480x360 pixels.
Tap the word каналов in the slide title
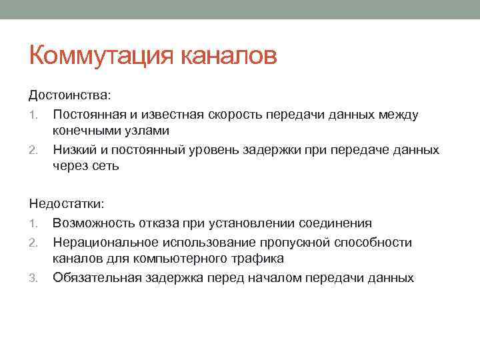[x=229, y=55]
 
